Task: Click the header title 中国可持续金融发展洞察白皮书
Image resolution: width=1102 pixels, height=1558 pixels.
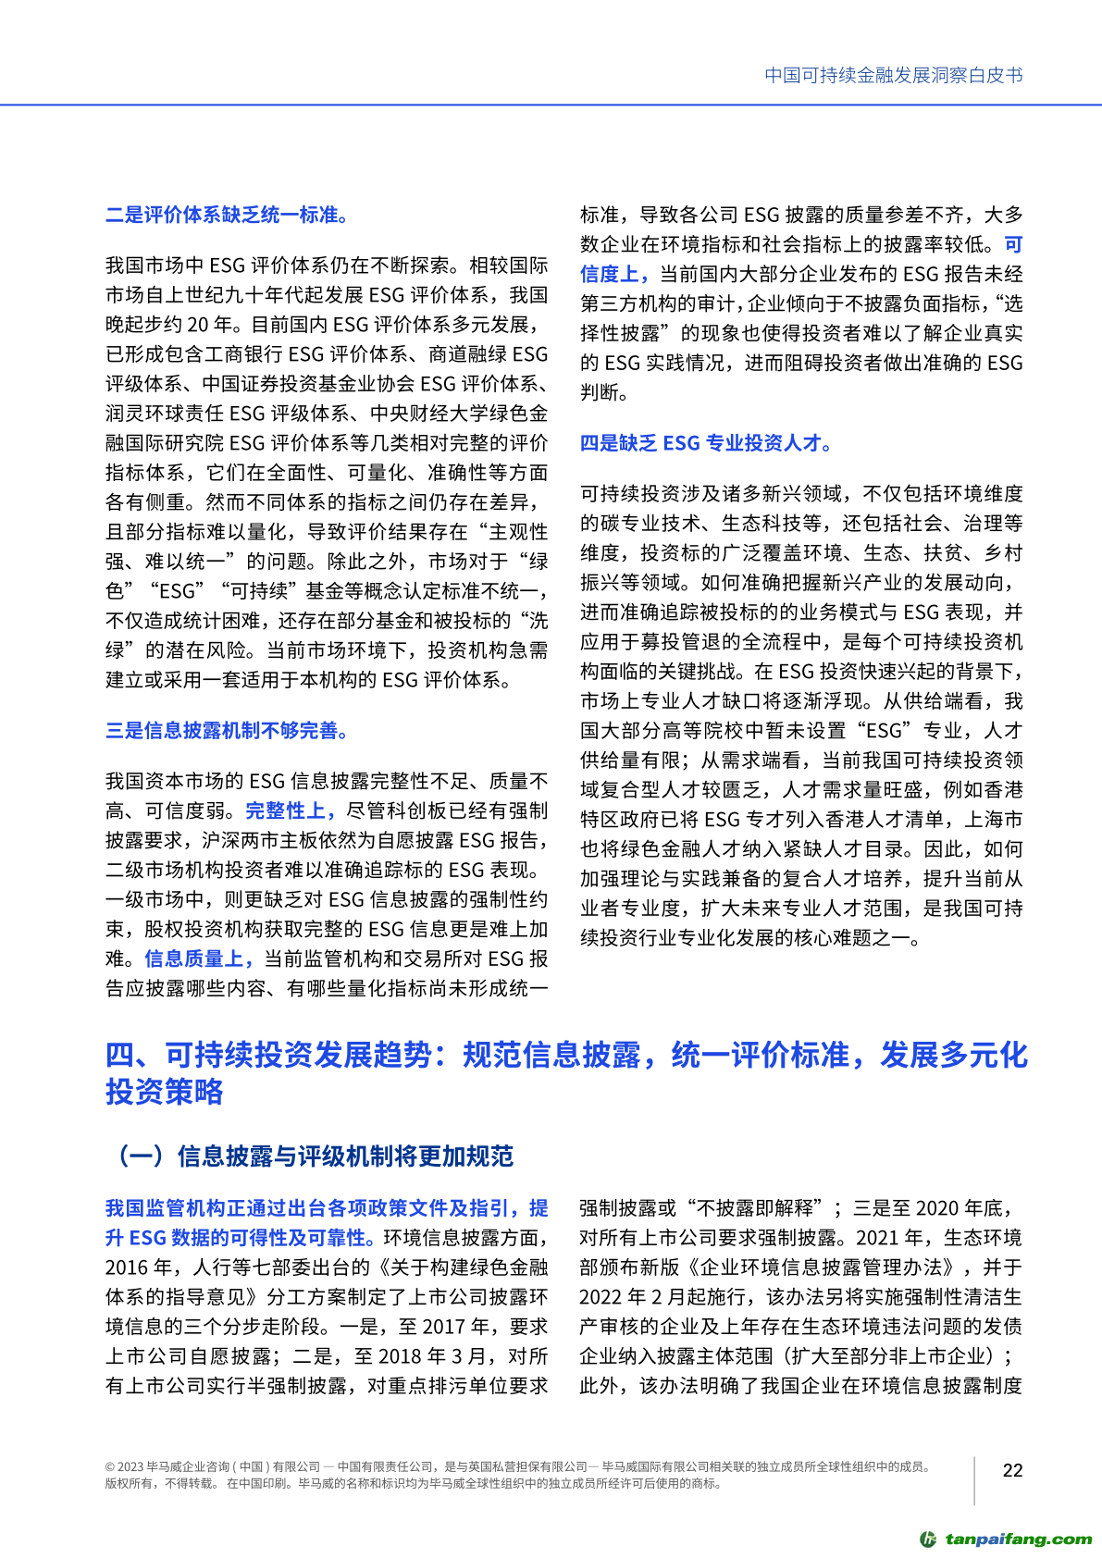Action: coord(893,76)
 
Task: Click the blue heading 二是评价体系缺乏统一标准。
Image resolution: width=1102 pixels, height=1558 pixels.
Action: coord(227,216)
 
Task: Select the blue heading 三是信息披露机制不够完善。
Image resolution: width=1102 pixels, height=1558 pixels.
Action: coord(227,731)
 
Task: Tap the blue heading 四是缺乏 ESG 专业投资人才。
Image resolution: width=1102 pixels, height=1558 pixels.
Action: coord(706,443)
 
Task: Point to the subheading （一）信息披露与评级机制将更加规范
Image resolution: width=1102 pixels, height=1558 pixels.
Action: coord(310,1156)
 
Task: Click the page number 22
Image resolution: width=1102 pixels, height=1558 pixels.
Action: coord(1013,1470)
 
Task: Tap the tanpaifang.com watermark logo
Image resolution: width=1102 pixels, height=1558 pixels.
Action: coord(1006,1539)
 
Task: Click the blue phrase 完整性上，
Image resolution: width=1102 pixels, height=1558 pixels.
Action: coord(291,811)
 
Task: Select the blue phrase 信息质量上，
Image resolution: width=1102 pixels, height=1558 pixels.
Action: coord(200,959)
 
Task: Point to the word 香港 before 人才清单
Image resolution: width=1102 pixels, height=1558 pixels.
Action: coord(818,820)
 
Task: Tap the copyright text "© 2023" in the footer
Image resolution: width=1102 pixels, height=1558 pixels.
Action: coord(124,1466)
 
